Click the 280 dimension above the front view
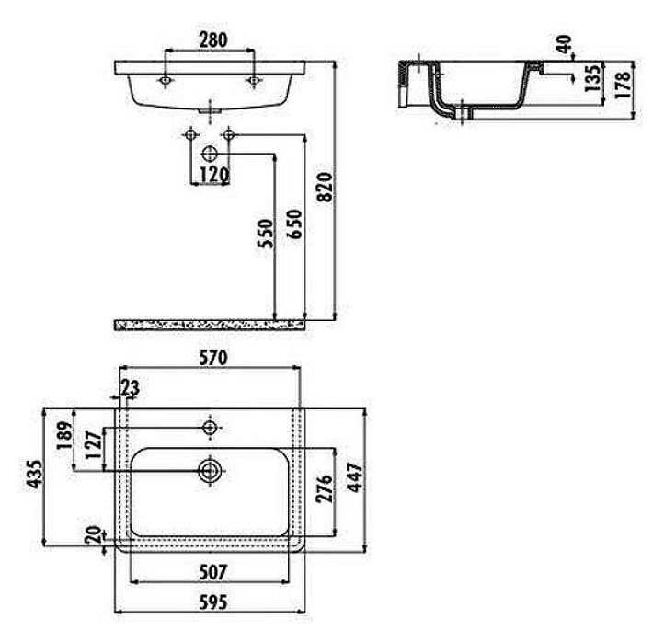tap(213, 40)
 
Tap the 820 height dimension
tap(326, 187)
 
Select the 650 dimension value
tap(294, 224)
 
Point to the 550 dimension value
tap(265, 234)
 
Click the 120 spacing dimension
tap(214, 176)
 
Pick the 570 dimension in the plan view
tap(212, 358)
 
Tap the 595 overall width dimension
tap(212, 602)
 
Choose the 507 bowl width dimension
tap(212, 572)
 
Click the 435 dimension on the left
tap(34, 474)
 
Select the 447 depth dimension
tap(355, 477)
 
